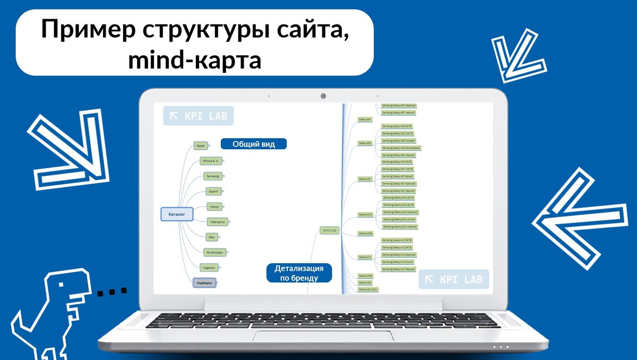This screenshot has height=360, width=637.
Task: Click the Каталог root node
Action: click(177, 215)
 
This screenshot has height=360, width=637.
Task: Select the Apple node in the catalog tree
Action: click(200, 145)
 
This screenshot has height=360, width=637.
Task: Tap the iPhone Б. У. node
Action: click(210, 160)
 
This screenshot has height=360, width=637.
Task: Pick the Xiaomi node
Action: click(213, 191)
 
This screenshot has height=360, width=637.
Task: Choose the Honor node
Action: click(214, 206)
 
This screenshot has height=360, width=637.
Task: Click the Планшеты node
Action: click(218, 222)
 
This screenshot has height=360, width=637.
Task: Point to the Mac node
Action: click(211, 237)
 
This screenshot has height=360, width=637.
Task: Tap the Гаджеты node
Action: click(208, 267)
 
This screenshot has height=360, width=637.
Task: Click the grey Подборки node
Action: click(205, 283)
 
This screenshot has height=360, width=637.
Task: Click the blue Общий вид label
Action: click(254, 144)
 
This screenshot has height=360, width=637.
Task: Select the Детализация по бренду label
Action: click(299, 273)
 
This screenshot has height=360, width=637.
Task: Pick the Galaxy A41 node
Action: click(365, 119)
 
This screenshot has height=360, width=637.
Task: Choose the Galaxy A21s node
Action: click(366, 215)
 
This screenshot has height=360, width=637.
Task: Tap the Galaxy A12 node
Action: click(365, 257)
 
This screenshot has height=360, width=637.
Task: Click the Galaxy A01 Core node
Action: click(367, 289)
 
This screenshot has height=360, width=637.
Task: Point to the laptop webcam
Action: click(323, 96)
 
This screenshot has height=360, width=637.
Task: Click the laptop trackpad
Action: click(323, 336)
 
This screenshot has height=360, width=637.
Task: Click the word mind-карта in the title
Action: click(194, 60)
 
